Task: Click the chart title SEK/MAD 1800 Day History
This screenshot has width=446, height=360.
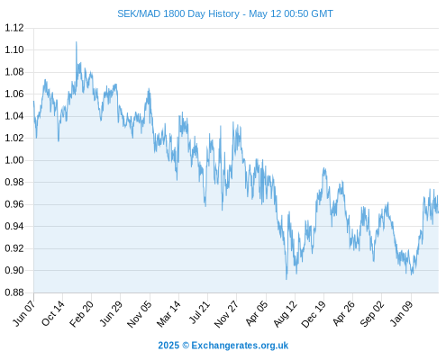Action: tap(178, 13)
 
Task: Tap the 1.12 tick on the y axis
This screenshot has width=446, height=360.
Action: tap(14, 28)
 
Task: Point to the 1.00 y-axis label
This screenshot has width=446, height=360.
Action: tap(14, 160)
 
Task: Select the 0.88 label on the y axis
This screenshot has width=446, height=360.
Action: tap(14, 292)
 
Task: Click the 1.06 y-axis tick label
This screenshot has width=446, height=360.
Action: tap(14, 94)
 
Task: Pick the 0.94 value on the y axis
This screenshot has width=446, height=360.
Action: tap(14, 226)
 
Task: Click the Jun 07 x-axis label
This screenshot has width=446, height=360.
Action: tap(24, 313)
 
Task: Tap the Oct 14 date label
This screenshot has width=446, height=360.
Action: tap(53, 313)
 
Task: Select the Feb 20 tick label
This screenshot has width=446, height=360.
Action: tap(81, 313)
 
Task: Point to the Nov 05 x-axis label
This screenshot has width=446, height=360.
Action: tap(139, 313)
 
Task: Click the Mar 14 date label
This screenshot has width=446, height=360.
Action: tap(168, 313)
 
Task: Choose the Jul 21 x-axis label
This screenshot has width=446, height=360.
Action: tap(199, 312)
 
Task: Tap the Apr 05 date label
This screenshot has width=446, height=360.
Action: tap(256, 313)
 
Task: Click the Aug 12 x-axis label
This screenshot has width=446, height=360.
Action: tap(286, 313)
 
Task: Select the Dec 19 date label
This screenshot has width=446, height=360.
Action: tap(314, 313)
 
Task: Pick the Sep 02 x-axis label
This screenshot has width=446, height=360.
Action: tap(372, 313)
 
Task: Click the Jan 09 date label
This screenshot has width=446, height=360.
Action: tap(402, 313)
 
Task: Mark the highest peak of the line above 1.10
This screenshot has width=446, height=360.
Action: tap(76, 42)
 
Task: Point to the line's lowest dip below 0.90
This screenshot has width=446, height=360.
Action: tap(287, 279)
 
